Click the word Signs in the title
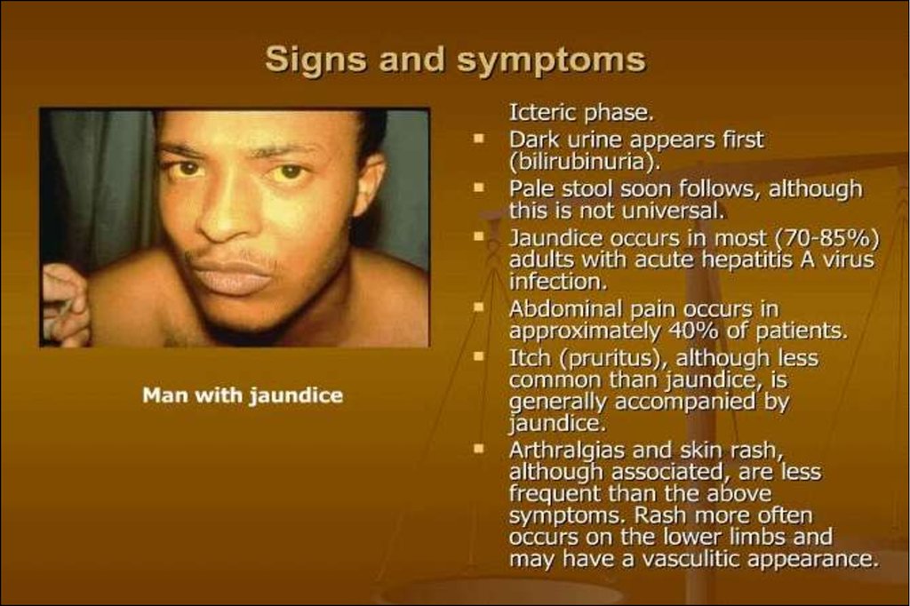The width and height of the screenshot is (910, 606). click(315, 60)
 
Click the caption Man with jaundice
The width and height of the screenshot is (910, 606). click(243, 396)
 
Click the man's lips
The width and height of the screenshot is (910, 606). click(232, 277)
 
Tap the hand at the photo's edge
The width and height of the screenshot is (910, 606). click(65, 305)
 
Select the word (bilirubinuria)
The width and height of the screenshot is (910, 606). click(585, 162)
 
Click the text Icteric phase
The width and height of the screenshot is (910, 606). click(581, 113)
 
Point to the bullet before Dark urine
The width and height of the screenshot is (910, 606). click(479, 140)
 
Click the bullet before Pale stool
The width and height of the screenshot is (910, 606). click(479, 188)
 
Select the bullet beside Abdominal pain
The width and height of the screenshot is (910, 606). click(479, 308)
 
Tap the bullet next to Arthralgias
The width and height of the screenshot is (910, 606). click(479, 449)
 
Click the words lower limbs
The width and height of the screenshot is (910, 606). click(725, 537)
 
